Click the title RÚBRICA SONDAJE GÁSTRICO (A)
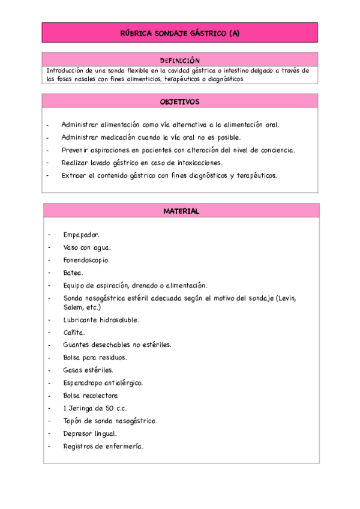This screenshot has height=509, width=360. pyautogui.click(x=179, y=34)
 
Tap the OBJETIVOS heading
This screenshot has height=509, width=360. pyautogui.click(x=179, y=102)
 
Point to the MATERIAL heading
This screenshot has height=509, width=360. pyautogui.click(x=181, y=211)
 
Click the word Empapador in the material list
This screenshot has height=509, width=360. pyautogui.click(x=81, y=235)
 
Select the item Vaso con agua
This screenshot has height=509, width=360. pyautogui.click(x=87, y=248)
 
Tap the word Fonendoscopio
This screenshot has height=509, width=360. pyautogui.click(x=86, y=261)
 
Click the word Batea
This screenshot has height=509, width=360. pyautogui.click(x=73, y=273)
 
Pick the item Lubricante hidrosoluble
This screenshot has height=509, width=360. pyautogui.click(x=101, y=320)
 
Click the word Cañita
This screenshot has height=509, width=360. pyautogui.click(x=74, y=333)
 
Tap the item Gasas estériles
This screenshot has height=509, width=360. pyautogui.click(x=88, y=370)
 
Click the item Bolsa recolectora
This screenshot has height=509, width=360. pyautogui.click(x=91, y=396)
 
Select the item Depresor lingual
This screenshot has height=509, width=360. pyautogui.click(x=90, y=433)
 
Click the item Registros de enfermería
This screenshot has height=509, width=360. pyautogui.click(x=103, y=446)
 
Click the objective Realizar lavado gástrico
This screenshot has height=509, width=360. pyautogui.click(x=142, y=163)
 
